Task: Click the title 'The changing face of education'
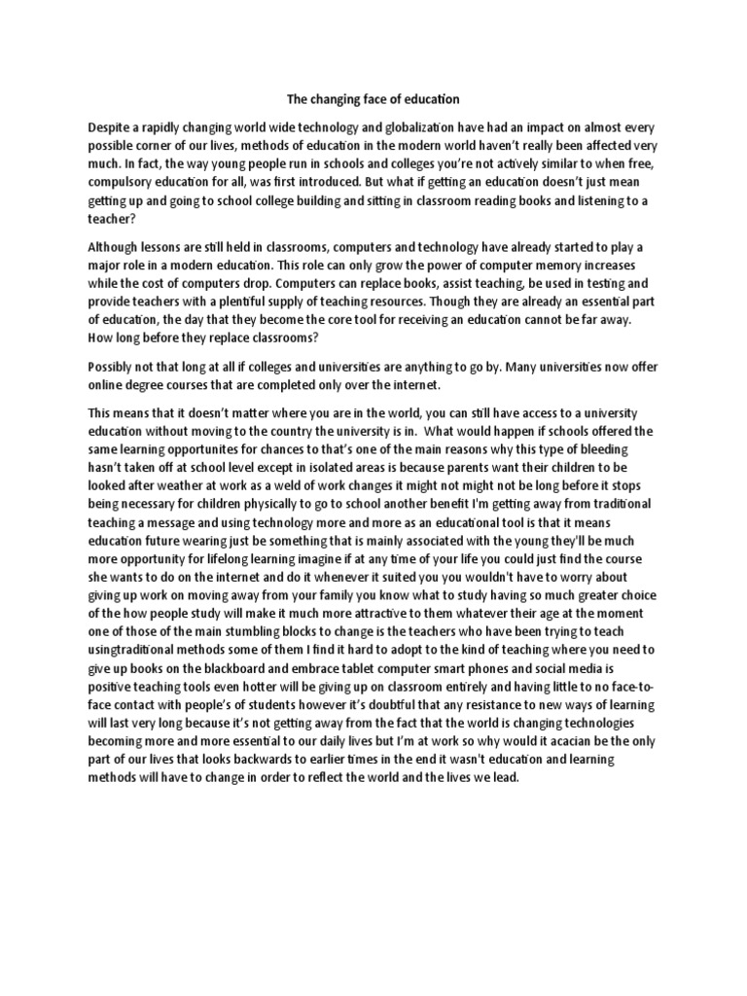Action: pyautogui.click(x=373, y=99)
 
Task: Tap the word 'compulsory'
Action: pyautogui.click(x=124, y=182)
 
